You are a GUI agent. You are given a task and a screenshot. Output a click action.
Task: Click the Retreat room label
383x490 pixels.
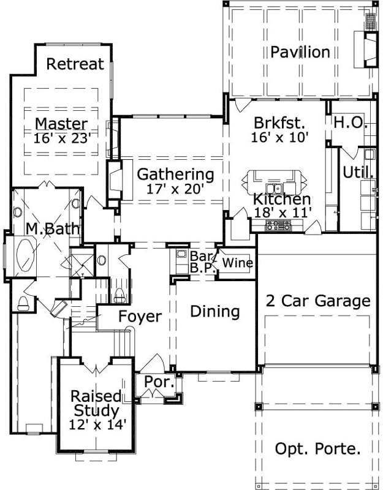[x=75, y=64]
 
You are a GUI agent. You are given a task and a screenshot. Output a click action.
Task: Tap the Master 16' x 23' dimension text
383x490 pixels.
[x=63, y=138]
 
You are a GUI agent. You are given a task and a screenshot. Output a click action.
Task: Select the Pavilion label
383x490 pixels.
[x=300, y=52]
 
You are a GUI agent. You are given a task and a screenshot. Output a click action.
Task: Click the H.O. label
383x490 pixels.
[x=350, y=122]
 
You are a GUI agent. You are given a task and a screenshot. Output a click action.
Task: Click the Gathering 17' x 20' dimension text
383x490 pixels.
[x=175, y=189]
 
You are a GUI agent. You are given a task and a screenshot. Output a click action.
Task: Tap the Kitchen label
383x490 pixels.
[x=282, y=199]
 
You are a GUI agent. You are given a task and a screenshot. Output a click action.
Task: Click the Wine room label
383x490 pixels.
[x=238, y=263]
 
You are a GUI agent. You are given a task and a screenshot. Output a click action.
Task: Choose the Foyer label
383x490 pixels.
[x=140, y=317]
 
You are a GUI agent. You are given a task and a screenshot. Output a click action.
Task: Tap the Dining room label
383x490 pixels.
[x=214, y=311]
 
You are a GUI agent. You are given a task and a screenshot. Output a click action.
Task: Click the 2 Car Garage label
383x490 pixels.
[x=317, y=301]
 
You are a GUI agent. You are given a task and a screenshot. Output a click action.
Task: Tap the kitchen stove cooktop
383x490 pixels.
[x=276, y=225]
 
